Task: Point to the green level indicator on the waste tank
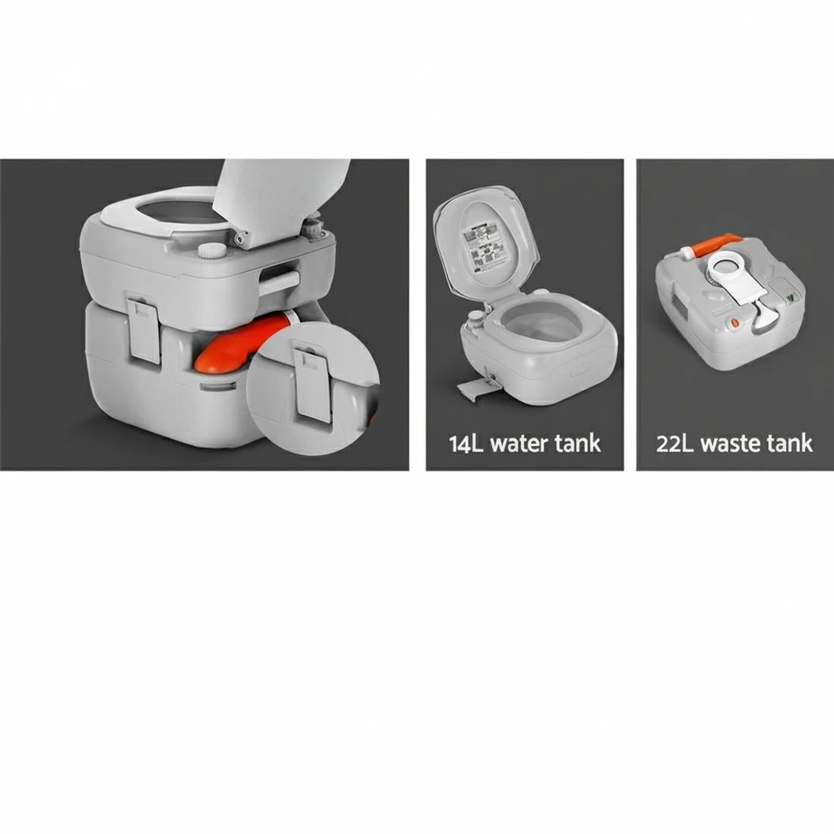coord(792,299)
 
